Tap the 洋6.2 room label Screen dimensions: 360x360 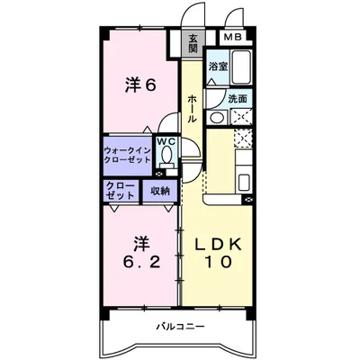tap(139, 252)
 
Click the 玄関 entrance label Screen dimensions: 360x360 tap(193, 41)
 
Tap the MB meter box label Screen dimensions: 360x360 tap(232, 38)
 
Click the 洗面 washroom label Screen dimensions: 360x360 tap(238, 98)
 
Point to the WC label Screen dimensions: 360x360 tap(166, 142)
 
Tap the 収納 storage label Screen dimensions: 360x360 tap(160, 190)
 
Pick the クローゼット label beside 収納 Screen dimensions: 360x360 tap(121, 190)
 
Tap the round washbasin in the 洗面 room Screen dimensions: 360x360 tap(217, 118)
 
